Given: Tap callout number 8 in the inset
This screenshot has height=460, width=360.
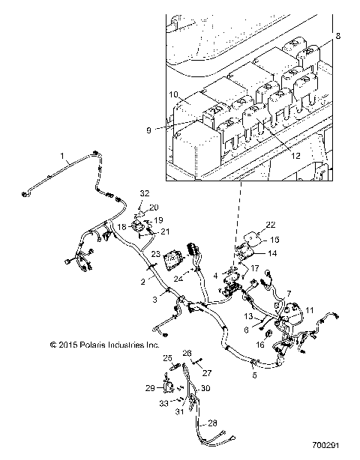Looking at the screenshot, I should (x=337, y=36).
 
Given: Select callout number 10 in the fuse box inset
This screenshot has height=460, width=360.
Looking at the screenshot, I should (x=173, y=95).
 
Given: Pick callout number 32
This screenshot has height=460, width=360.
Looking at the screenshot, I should (x=144, y=193).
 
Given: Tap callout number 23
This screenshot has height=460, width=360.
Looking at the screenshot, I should (x=155, y=255).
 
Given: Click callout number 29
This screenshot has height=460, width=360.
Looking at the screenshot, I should (x=149, y=387).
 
